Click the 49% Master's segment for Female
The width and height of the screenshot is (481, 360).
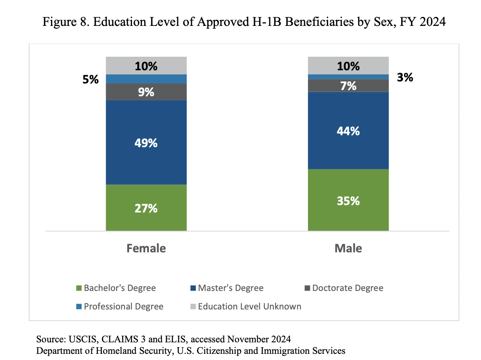tap(146, 143)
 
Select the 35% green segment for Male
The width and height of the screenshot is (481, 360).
tap(348, 200)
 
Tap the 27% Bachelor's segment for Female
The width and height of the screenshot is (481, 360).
tap(146, 208)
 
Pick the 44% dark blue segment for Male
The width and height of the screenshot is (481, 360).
tap(348, 131)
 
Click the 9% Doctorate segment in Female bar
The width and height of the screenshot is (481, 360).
tap(146, 92)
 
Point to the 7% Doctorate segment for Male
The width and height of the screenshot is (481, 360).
tap(348, 85)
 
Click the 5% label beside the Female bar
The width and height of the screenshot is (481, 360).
tap(90, 79)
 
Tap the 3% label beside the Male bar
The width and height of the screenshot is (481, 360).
tap(405, 77)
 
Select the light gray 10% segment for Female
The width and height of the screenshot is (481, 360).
tap(146, 66)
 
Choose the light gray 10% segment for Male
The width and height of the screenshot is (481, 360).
tap(348, 66)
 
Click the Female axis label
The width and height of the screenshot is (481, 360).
tap(146, 249)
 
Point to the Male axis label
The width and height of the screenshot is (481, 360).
tap(348, 249)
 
